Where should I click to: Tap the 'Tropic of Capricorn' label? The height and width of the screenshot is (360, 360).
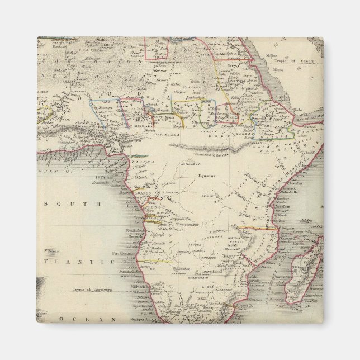point(92,290)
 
